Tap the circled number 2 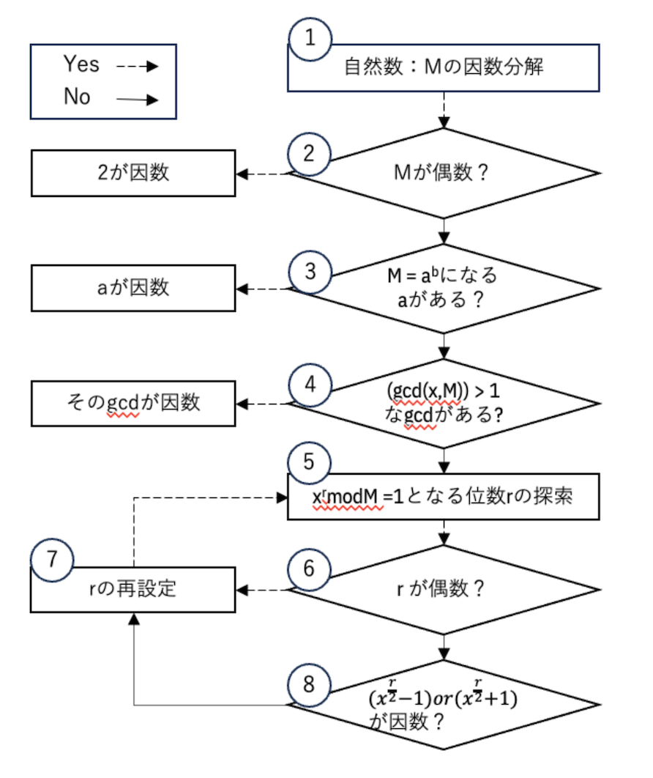(x=311, y=153)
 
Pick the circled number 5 (x=311, y=462)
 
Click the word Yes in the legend (x=81, y=64)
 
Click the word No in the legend (x=77, y=96)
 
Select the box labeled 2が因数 (x=133, y=173)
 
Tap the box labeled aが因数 (x=133, y=287)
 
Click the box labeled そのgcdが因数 (x=133, y=402)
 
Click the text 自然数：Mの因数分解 (x=444, y=67)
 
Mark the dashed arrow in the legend (x=138, y=66)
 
